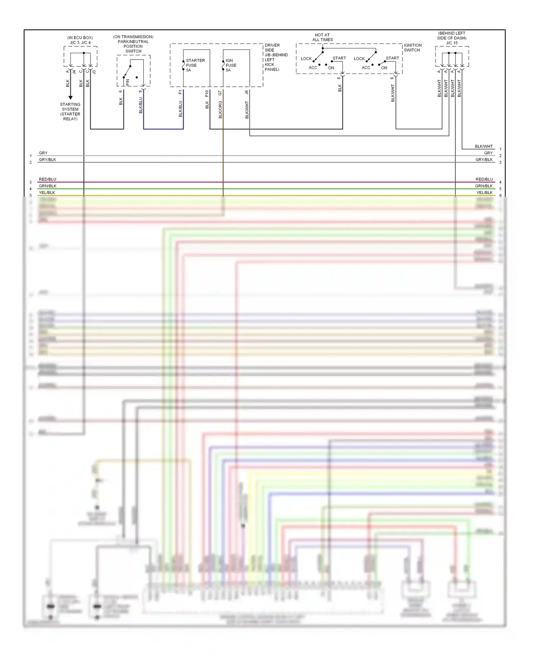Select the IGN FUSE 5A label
pos(231,65)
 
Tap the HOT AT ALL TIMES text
pos(322,37)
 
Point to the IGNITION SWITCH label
pos(413,48)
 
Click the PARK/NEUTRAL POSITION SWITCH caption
pos(133,44)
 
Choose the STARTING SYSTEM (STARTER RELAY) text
pos(70,112)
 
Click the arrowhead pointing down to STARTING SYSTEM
pos(70,97)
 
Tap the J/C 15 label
pos(452,43)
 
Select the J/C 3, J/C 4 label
pos(80,42)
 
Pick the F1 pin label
pos(180,92)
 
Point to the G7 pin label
pos(220,93)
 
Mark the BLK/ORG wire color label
pos(220,109)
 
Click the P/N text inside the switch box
pos(128,82)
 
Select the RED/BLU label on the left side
pos(47,179)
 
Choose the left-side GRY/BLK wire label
pos(47,160)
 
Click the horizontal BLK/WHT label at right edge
pos(484,146)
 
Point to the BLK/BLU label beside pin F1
pos(180,109)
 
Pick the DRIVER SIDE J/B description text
pos(276,57)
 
